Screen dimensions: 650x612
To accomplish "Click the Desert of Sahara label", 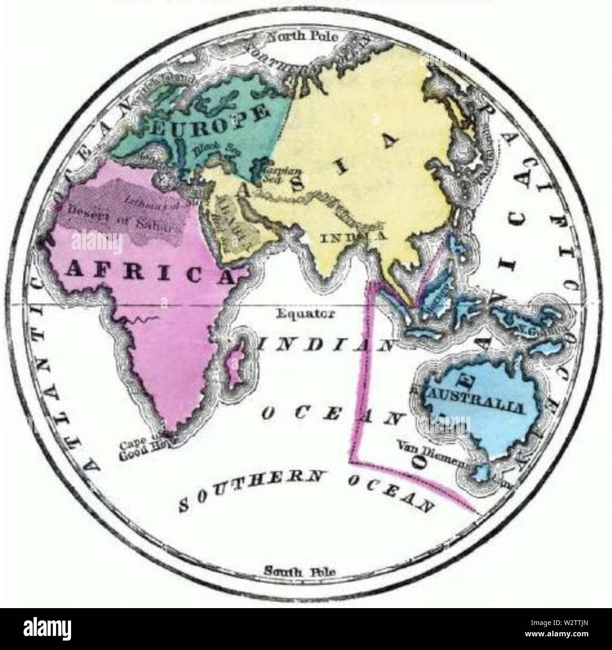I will click(x=125, y=222).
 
